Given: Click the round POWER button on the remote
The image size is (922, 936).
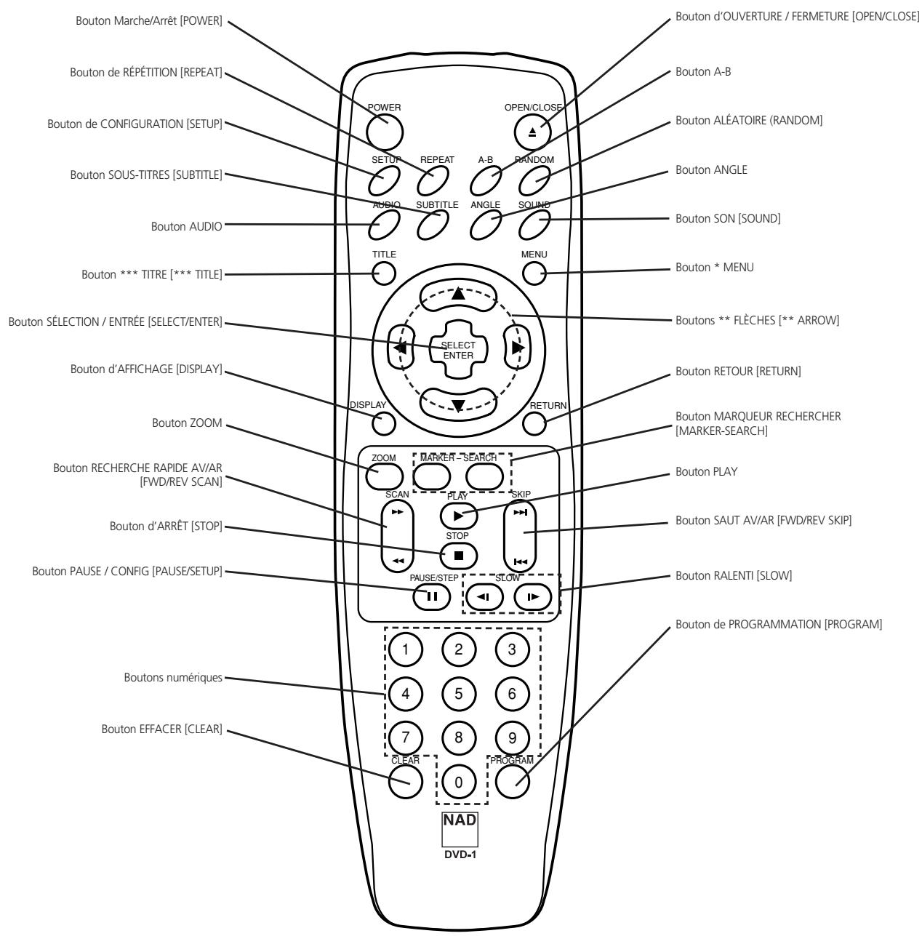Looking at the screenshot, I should [x=385, y=130].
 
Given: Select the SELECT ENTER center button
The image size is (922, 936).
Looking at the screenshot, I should [x=458, y=351].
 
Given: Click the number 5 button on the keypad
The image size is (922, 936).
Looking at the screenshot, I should [x=458, y=693].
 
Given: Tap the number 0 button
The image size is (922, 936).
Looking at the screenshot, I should [x=458, y=783].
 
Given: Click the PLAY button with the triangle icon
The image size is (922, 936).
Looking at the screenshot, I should [x=458, y=515].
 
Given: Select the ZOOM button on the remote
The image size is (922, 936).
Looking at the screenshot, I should [x=383, y=476].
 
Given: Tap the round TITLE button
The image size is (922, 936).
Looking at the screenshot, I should [x=385, y=273].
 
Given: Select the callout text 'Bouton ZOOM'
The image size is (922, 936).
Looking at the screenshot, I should [x=186, y=423].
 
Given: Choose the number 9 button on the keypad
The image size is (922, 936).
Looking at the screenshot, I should [x=512, y=737].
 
